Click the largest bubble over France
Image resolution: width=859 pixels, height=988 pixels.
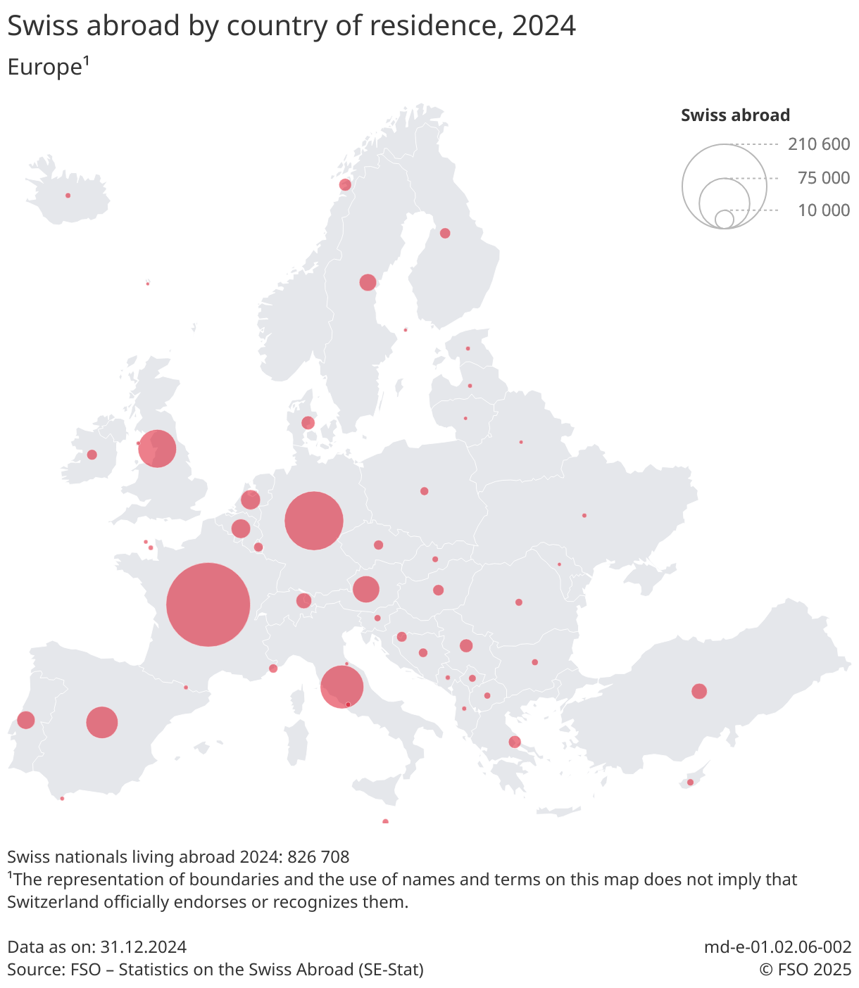pos(208,604)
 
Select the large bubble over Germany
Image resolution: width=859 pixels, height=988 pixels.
pos(314,521)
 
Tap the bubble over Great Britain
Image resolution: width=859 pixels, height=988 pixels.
pos(157,448)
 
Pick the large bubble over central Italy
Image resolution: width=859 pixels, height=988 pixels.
pos(341,687)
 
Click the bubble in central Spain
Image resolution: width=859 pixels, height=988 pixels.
pos(102,722)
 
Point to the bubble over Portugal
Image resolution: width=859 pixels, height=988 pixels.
pos(26,720)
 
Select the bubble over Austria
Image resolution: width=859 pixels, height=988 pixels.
pos(365,589)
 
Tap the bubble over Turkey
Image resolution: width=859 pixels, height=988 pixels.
pos(699,691)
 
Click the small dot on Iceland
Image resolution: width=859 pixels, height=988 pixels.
pos(68,196)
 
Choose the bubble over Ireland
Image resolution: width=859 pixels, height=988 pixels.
pos(92,455)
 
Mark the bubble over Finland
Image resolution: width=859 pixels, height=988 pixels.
pos(445,233)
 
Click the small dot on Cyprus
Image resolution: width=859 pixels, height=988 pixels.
pos(690,783)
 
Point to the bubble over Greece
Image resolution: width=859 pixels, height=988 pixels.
pos(515,742)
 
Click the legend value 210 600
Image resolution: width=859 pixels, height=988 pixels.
pos(819,144)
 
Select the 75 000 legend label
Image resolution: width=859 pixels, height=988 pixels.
pos(824,178)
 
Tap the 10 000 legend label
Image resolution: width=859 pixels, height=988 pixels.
pos(824,210)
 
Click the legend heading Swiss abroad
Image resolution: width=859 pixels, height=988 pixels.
pos(735,115)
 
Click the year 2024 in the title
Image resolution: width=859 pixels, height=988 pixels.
pos(544,26)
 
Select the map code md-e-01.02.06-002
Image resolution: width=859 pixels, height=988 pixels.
pos(777,947)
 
